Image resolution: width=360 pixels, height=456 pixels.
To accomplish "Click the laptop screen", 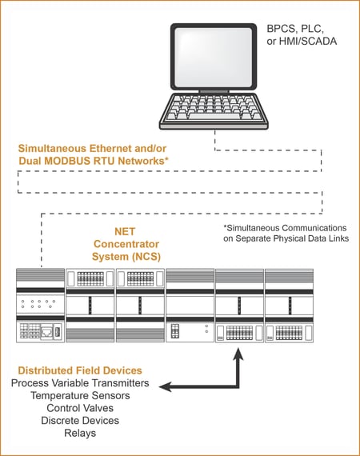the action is pos(213,57).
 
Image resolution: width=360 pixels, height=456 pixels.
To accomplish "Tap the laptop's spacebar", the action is pos(214,116).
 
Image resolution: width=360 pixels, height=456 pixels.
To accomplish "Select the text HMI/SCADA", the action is pos(308,41).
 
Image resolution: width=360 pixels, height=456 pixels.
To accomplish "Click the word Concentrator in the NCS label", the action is pos(126,244).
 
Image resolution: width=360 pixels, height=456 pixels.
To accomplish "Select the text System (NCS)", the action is pos(126,257).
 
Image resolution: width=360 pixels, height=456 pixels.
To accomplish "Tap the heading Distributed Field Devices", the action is pos(80,370).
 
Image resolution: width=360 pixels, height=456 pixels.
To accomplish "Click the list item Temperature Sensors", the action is pos(80,395).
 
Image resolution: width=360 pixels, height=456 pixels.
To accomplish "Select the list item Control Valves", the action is pos(80,408).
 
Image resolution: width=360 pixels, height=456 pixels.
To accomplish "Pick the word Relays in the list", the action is pos(80,433).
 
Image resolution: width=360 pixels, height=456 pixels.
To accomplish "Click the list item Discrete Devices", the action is pos(80,421).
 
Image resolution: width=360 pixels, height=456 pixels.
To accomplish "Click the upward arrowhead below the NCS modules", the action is pos(238,354).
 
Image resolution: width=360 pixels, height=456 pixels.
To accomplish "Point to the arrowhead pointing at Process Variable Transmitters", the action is pos(166,387).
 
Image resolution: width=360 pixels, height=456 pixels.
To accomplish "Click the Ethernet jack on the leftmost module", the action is pos(46,332).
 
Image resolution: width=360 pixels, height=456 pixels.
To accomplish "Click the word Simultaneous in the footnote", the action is pos(250,228).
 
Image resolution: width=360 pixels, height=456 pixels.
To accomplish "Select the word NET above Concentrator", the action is pos(125,231).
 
